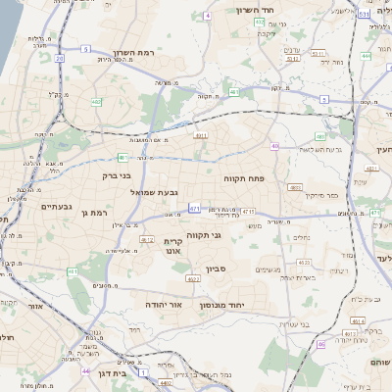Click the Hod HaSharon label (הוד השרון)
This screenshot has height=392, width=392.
[259, 10]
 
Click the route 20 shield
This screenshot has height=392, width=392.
[59, 59]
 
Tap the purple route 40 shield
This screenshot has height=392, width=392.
[275, 146]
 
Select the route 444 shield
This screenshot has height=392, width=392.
[365, 56]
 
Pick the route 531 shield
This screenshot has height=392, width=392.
[364, 15]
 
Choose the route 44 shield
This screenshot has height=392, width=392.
[87, 371]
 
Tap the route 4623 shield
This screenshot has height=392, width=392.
[304, 263]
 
